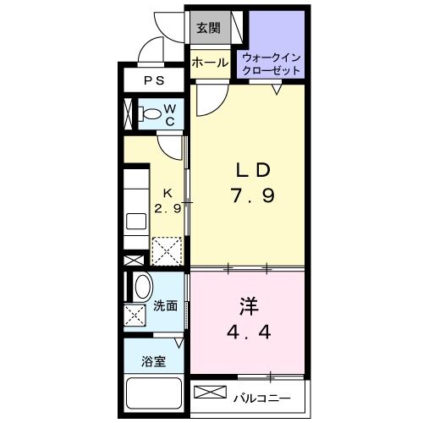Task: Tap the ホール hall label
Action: coord(208,63)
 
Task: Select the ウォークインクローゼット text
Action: coord(271,63)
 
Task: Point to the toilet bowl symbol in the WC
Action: coord(150,115)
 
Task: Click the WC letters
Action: coord(169,115)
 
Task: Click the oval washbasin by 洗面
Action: coord(141,285)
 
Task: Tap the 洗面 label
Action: coord(166,306)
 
